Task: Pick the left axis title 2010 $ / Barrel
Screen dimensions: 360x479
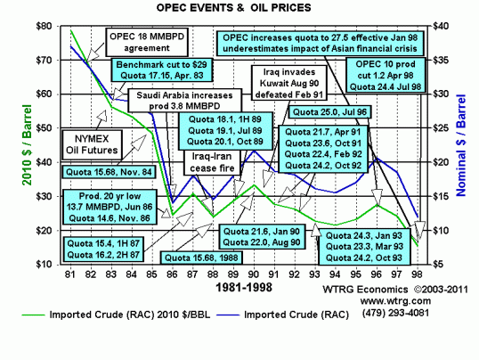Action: [12, 147]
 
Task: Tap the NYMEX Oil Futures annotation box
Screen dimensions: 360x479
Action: [83, 143]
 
